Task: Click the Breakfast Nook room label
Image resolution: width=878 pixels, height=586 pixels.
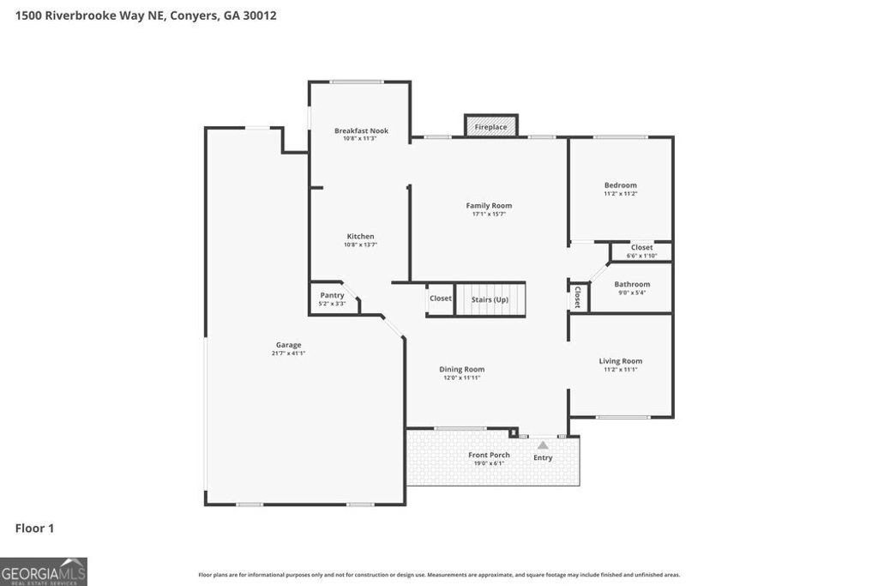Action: point(361,131)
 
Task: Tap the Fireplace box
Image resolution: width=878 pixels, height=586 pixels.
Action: point(491,127)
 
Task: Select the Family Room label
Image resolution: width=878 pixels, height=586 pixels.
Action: point(489,206)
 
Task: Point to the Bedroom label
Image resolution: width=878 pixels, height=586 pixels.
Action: point(621,185)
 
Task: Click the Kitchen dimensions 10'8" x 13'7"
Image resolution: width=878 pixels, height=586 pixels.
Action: point(360,245)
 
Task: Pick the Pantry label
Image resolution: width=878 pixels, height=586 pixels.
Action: point(332,295)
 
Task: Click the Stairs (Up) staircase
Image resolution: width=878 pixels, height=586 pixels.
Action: point(490,299)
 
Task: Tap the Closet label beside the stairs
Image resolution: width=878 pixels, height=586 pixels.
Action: point(441,299)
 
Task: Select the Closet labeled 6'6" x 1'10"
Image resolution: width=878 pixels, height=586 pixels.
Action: point(641,251)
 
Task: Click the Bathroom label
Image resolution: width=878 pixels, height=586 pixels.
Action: point(632,284)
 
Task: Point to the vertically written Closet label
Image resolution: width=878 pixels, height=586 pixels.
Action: point(577,297)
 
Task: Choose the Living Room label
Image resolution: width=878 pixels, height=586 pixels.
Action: point(621,361)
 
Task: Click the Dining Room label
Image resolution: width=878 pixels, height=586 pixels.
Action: point(462,370)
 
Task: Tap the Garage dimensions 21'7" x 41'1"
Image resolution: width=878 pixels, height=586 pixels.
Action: point(288,353)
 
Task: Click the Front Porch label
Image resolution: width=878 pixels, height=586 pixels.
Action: point(489,455)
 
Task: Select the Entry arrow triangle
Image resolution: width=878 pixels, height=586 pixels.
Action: point(543,445)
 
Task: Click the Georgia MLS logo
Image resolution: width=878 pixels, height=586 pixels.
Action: point(44,571)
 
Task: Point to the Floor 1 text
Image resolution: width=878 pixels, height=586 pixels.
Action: point(34,529)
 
